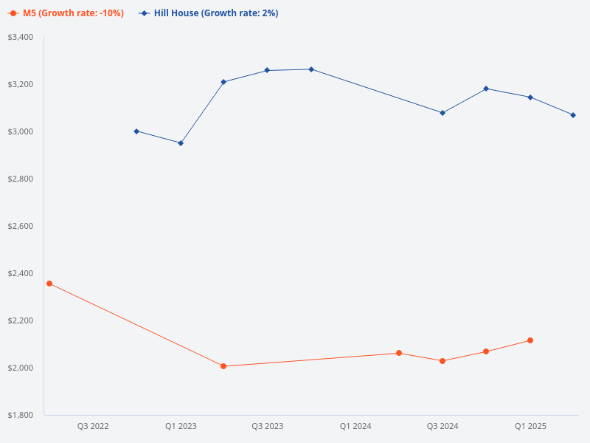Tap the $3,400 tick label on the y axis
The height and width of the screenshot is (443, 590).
pos(20,37)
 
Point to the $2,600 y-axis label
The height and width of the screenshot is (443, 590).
pos(20,226)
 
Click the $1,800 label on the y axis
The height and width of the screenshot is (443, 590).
pos(20,415)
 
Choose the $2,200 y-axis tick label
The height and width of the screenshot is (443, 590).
pos(20,320)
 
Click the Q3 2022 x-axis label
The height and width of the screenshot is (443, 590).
pos(93,426)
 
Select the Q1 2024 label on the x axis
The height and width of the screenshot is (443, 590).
pos(355,426)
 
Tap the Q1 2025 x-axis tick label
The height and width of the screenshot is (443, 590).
pos(530,426)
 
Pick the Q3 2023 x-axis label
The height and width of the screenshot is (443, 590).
pos(268,426)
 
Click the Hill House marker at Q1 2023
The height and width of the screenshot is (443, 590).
pos(181,142)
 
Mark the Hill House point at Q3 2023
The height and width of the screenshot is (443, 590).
pos(267,70)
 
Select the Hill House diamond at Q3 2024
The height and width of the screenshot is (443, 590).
pos(442,113)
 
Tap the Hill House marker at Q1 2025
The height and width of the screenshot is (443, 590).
pos(530,97)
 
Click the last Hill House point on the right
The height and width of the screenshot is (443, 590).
pos(573,115)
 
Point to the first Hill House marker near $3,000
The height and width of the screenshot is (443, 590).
pos(136,131)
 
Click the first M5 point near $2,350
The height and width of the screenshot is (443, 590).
pos(49,284)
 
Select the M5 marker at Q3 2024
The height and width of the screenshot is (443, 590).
pos(442,361)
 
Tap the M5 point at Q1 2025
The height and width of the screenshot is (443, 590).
pos(530,340)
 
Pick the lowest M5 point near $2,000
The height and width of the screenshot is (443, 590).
pos(223,366)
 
